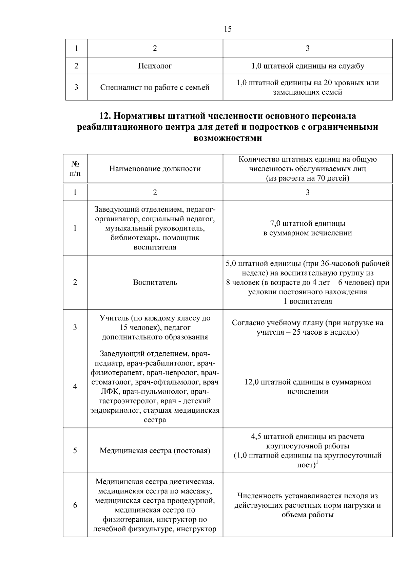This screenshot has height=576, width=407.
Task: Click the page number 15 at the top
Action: click(228, 29)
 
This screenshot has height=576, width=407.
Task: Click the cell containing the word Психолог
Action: click(155, 66)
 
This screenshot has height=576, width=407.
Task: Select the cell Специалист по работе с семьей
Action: click(155, 87)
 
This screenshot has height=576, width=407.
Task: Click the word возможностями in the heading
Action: click(228, 138)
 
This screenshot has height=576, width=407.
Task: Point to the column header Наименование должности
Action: click(155, 169)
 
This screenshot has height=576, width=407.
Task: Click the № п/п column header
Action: click(75, 169)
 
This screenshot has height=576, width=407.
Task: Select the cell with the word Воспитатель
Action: click(155, 282)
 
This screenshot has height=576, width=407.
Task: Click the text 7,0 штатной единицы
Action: click(308, 224)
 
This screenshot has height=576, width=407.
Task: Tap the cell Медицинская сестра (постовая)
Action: click(155, 451)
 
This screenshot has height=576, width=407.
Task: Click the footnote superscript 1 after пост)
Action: click(317, 462)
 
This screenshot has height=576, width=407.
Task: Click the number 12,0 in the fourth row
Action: click(252, 382)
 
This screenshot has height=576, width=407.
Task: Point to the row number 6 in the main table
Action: click(75, 505)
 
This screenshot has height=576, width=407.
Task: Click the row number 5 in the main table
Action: click(75, 451)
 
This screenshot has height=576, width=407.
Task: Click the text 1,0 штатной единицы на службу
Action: click(308, 66)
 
